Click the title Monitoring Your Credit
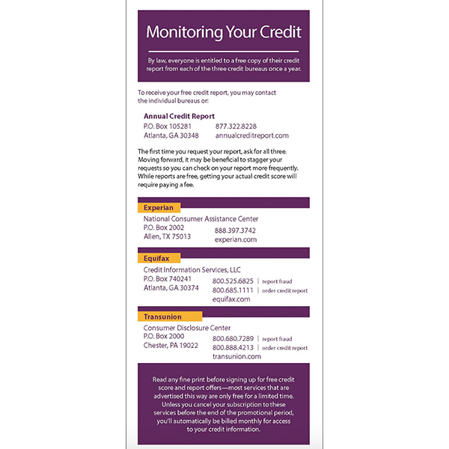pos(223,33)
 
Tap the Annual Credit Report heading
pos(179,116)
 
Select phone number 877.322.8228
pos(236,126)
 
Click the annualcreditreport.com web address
pos(251,136)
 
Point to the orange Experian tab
pos(159,207)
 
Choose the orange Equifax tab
pos(158,258)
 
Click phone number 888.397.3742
pos(235,230)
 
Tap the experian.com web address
pos(235,240)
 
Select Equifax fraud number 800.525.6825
pos(233,281)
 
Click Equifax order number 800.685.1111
pos(233,290)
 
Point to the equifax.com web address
pos(231,299)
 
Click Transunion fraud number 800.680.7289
pos(233,338)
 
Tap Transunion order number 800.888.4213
pos(233,348)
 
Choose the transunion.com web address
pos(236,357)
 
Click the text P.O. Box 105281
pos(168,126)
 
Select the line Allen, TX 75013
pos(167,236)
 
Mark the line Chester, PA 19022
pos(171,346)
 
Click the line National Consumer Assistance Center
pos(201,219)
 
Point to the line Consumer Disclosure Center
pos(186,328)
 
